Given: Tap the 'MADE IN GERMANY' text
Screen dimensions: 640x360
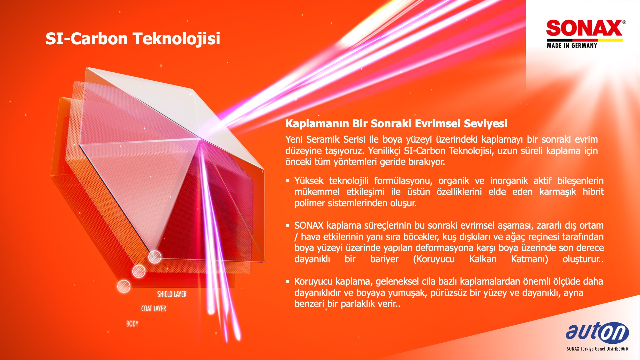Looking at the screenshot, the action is point(572,46).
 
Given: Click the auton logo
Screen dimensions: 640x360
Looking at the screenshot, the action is point(597,332).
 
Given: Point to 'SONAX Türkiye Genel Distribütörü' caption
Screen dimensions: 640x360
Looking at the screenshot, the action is point(597,349).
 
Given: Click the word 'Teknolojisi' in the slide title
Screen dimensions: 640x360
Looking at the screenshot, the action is point(176,39).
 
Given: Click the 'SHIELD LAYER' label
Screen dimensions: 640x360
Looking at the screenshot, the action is point(172,294).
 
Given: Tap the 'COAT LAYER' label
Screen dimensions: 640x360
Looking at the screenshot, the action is point(154,309).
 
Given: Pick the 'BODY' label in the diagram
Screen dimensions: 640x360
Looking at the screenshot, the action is point(132,324).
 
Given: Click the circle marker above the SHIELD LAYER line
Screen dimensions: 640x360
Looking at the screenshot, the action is point(155,257).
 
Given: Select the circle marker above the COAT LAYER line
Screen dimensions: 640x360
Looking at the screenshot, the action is point(139,271).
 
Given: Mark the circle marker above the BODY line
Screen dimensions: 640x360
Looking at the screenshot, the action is point(124,286).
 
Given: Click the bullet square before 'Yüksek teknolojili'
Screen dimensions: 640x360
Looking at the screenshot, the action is point(288,181).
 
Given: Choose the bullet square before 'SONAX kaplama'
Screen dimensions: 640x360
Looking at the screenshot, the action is point(288,225).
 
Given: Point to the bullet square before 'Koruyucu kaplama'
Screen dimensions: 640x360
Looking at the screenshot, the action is point(288,281).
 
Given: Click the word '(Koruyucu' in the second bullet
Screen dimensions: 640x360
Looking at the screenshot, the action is point(434,259).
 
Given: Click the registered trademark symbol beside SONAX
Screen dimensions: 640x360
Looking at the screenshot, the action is point(624,22).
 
